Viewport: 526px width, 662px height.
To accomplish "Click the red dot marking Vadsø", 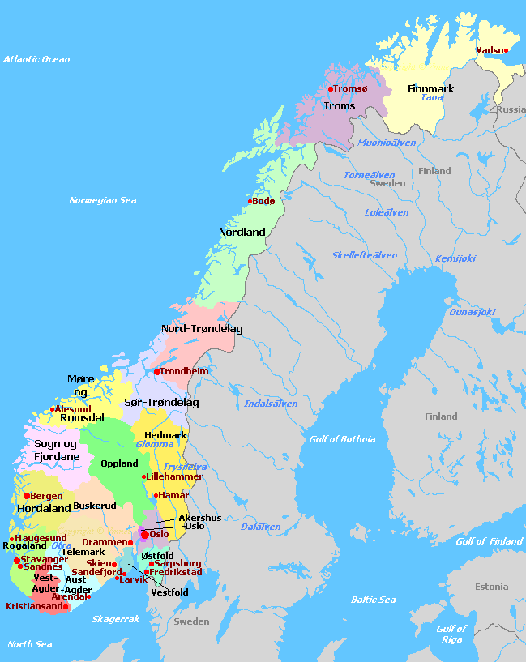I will [x=506, y=50].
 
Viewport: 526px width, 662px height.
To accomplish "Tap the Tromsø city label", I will [x=350, y=88].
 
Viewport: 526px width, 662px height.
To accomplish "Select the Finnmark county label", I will [x=430, y=88].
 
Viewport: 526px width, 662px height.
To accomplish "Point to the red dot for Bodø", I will [x=250, y=201].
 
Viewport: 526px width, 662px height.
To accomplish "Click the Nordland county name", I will [x=242, y=233].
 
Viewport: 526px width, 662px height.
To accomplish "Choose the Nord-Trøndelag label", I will [x=202, y=329].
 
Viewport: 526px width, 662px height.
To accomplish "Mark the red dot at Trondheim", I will [x=156, y=372].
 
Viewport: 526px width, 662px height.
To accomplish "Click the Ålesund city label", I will [x=73, y=409].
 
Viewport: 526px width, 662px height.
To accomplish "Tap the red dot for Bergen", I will [x=27, y=496].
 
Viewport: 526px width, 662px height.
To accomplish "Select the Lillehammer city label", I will [x=174, y=476].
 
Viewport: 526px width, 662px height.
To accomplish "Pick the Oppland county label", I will [x=119, y=463].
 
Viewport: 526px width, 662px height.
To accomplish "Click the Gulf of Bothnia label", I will [x=342, y=439].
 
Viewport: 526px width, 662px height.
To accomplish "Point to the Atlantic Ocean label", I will [x=36, y=59].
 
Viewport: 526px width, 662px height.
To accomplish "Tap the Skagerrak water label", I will [x=116, y=619].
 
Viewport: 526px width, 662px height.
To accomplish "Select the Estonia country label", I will [x=491, y=587].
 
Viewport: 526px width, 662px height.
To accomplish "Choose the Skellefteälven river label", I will [x=364, y=255].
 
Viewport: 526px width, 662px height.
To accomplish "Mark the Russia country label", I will [x=511, y=109].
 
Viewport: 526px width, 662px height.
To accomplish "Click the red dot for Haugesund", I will [x=11, y=538].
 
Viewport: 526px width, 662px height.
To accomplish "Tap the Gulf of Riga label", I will [x=451, y=634].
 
